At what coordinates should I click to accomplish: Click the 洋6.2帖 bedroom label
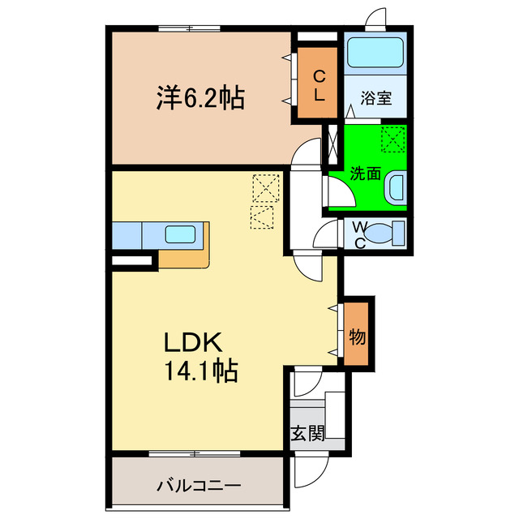tap(200, 99)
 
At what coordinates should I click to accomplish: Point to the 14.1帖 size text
tap(201, 372)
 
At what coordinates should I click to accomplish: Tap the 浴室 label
tap(377, 99)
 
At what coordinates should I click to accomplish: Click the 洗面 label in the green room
tap(365, 173)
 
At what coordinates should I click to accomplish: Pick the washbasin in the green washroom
tap(395, 189)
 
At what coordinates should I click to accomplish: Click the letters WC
tap(358, 234)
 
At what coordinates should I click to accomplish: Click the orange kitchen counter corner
tap(186, 256)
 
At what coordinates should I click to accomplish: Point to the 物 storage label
tap(358, 334)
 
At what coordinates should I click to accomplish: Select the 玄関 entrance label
tap(307, 433)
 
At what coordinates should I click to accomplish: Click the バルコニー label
tap(199, 487)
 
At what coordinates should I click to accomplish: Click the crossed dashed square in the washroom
tap(392, 139)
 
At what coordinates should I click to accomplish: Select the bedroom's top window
tap(191, 29)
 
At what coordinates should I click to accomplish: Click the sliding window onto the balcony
tap(195, 453)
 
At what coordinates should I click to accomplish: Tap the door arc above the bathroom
tap(376, 19)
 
